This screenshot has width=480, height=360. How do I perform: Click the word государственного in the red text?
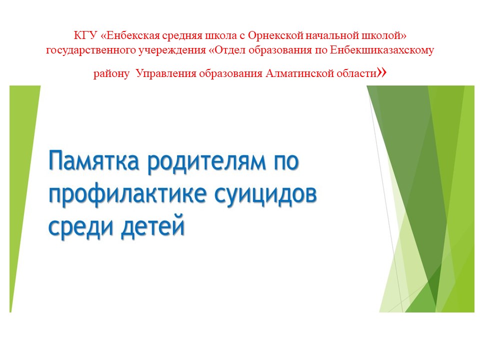[91, 50]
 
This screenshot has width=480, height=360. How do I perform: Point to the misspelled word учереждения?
[172, 50]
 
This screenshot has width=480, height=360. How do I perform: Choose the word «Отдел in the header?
[227, 50]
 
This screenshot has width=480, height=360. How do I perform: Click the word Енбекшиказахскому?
[381, 50]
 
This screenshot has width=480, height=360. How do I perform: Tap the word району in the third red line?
[111, 74]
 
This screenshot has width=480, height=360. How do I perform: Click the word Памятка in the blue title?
[94, 160]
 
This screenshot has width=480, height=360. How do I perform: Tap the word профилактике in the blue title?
[127, 195]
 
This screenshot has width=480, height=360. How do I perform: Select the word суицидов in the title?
[265, 195]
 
